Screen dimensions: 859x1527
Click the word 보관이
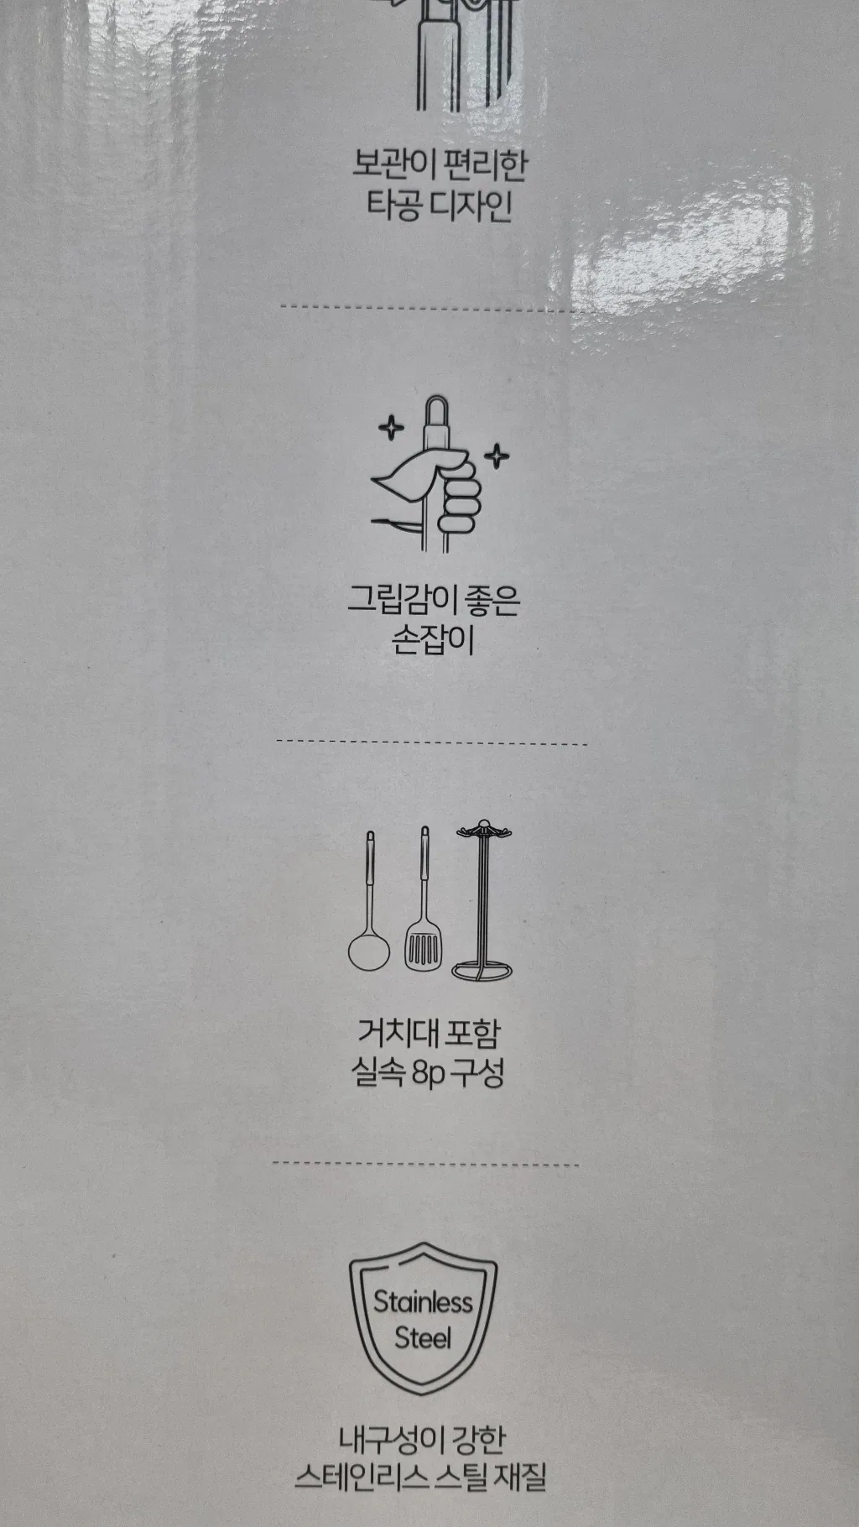pos(392,164)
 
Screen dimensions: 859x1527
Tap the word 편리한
pos(484,164)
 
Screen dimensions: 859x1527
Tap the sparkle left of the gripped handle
pos(390,427)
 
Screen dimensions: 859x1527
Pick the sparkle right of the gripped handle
pos(497,456)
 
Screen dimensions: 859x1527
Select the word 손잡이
pos(433,640)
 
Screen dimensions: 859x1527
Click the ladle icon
pos(369,902)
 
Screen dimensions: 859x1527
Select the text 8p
pos(428,1074)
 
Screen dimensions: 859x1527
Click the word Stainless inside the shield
pos(423,1302)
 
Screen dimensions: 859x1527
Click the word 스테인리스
pos(359,1477)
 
